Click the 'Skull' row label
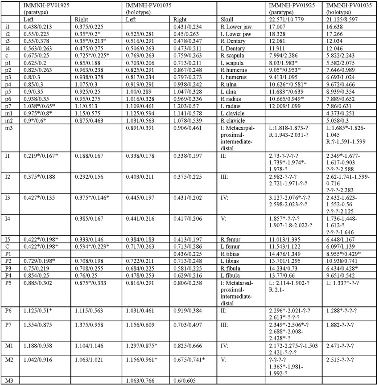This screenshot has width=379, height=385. coord(227,20)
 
